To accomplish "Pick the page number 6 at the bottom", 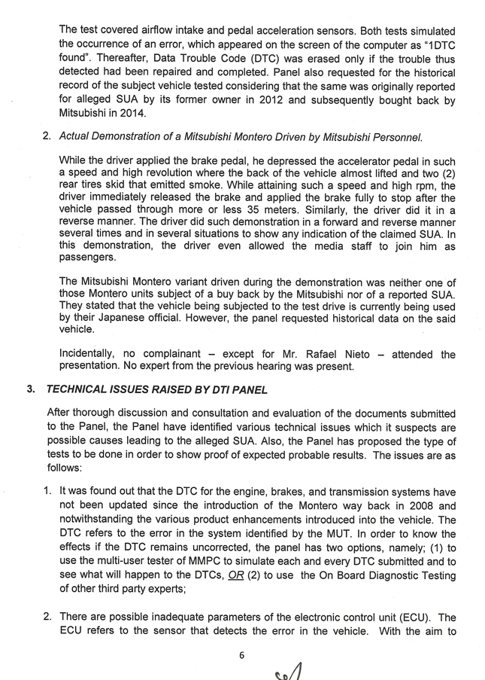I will click(x=241, y=654).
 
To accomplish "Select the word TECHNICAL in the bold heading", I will click(x=82, y=390).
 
